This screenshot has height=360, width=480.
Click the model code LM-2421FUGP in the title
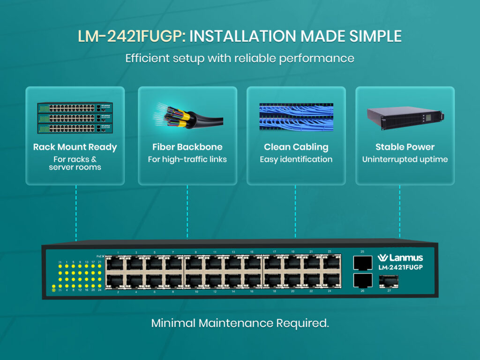(129, 37)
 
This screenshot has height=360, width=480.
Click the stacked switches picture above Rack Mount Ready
(75, 118)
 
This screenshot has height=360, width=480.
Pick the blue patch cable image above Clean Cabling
(296, 117)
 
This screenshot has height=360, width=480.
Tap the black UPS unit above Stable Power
(405, 117)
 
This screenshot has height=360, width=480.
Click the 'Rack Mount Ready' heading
(75, 147)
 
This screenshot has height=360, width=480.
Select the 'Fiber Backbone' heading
(187, 147)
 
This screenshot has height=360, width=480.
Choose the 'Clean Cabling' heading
(296, 147)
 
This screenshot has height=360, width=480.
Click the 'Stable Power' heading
(405, 147)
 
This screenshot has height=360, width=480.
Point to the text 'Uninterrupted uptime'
(405, 159)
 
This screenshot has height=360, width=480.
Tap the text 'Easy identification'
(296, 159)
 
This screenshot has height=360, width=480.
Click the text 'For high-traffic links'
(187, 159)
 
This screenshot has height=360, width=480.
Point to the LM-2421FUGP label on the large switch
(400, 268)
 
